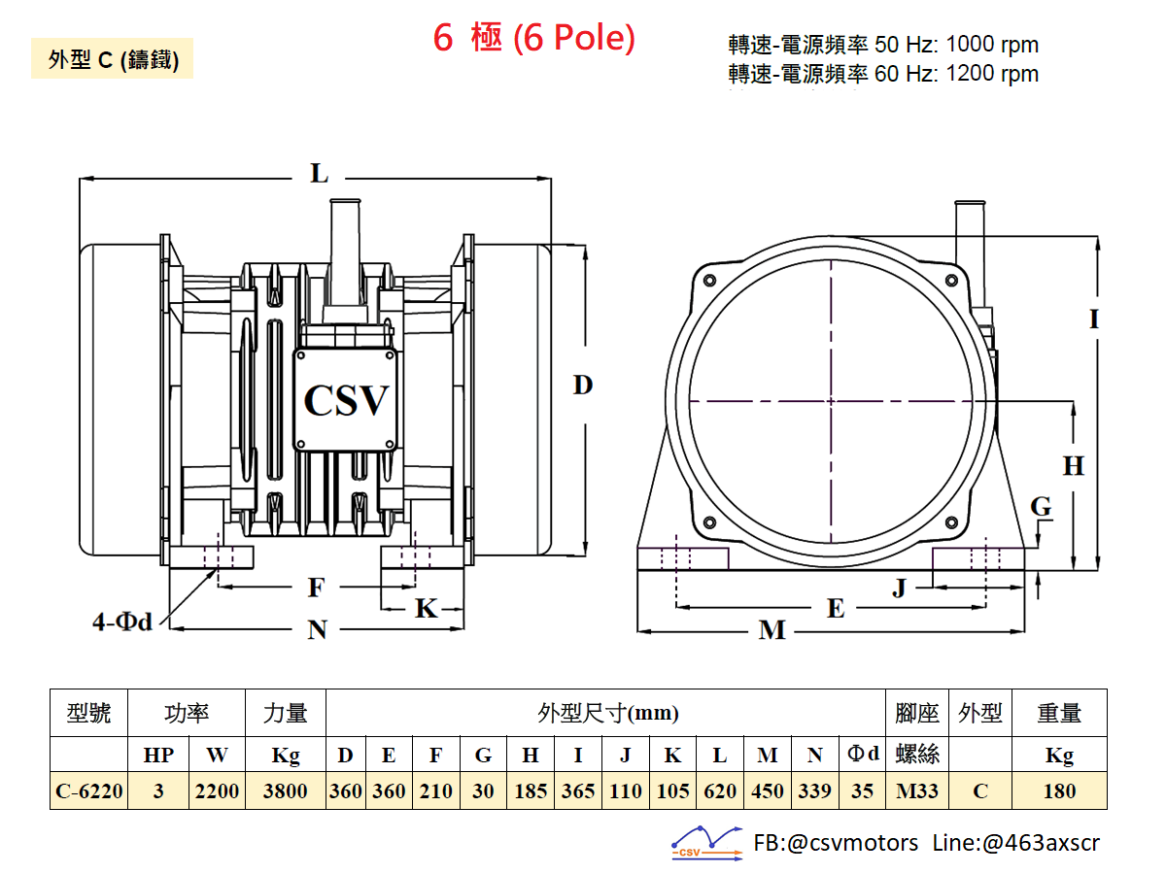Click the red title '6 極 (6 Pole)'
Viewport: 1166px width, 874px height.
click(533, 38)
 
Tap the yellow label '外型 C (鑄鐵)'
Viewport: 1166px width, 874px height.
click(112, 58)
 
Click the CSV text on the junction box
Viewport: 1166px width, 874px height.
click(346, 400)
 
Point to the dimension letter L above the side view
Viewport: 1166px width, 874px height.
click(320, 174)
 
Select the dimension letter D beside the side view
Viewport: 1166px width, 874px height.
click(583, 385)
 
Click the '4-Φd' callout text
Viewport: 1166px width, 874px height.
click(122, 622)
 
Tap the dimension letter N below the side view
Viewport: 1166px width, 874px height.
click(317, 630)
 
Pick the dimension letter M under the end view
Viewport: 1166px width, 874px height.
click(772, 630)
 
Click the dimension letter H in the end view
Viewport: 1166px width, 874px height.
click(1073, 466)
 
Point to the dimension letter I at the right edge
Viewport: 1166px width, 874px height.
click(1094, 319)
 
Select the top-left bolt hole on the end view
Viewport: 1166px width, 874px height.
click(709, 281)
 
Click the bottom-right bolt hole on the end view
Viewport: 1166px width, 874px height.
click(951, 522)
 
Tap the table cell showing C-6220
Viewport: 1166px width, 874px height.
click(89, 790)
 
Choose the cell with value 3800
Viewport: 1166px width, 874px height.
click(286, 790)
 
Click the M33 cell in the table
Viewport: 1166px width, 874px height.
click(917, 790)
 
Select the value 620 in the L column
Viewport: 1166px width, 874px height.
click(720, 790)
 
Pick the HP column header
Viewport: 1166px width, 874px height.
click(158, 755)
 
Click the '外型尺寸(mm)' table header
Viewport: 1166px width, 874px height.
click(607, 713)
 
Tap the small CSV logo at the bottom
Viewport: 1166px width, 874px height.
click(706, 843)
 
